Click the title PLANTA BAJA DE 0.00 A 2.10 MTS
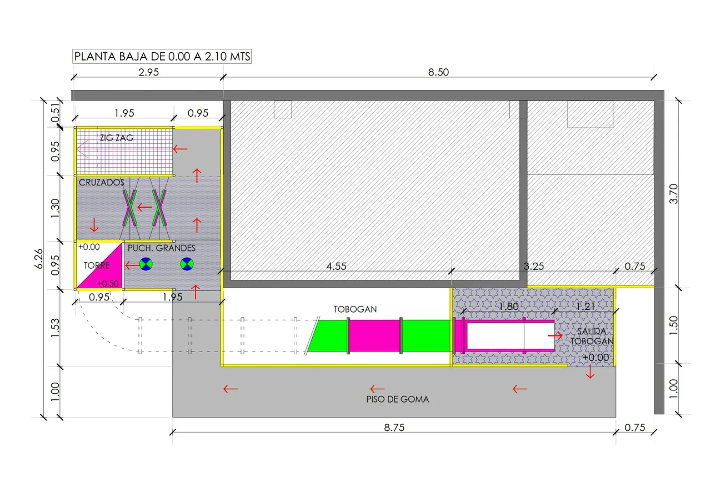pyautogui.click(x=162, y=57)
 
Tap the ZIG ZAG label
pyautogui.click(x=117, y=138)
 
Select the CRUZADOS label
pyautogui.click(x=101, y=183)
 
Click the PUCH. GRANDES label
pyautogui.click(x=161, y=248)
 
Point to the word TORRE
pyautogui.click(x=97, y=265)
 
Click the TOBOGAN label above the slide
pyautogui.click(x=355, y=309)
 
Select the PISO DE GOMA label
pyautogui.click(x=397, y=399)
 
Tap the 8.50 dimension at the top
pyautogui.click(x=438, y=72)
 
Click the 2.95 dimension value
pyautogui.click(x=148, y=72)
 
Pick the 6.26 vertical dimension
pyautogui.click(x=39, y=259)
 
